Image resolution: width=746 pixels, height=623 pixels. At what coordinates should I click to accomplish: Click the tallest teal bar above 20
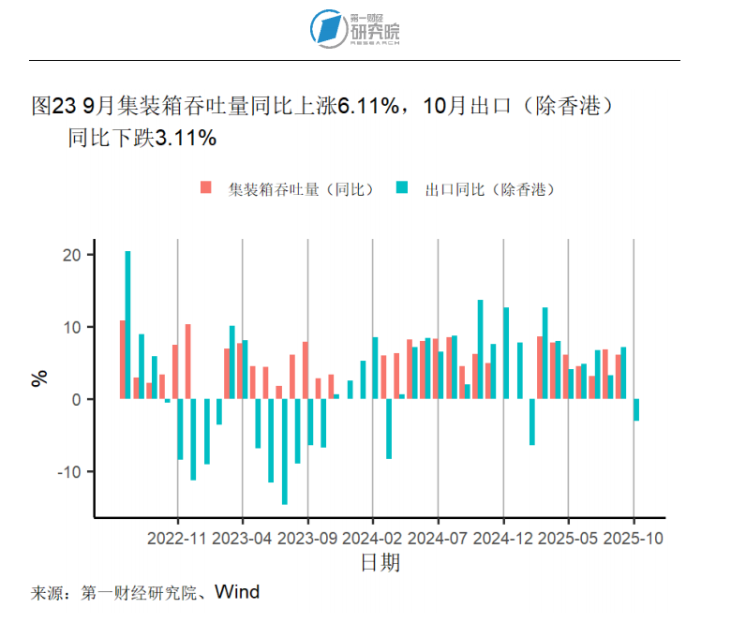(x=127, y=324)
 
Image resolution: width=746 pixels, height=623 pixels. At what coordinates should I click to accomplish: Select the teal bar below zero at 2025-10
(x=636, y=409)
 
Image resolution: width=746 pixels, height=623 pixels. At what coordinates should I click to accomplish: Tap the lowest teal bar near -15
(x=284, y=452)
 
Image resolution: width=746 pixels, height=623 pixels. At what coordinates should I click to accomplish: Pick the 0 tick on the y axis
(x=79, y=399)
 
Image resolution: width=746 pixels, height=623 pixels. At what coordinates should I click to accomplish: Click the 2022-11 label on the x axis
(x=177, y=539)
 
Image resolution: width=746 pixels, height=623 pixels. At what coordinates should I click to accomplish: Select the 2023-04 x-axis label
(x=243, y=539)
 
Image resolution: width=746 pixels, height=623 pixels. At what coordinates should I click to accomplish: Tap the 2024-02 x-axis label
(x=373, y=539)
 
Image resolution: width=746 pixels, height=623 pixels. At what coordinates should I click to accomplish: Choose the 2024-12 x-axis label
(x=503, y=539)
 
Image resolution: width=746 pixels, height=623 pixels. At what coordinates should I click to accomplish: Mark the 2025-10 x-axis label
(x=634, y=539)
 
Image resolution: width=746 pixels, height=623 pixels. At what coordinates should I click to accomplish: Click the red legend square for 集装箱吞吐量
(x=205, y=187)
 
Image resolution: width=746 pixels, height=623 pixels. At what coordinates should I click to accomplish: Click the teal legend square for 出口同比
(x=402, y=187)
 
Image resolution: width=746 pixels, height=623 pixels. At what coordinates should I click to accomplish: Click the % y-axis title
(x=39, y=378)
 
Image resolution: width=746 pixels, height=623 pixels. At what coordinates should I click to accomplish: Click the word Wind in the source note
(x=236, y=592)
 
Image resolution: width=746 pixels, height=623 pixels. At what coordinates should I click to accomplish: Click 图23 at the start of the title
(x=52, y=106)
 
